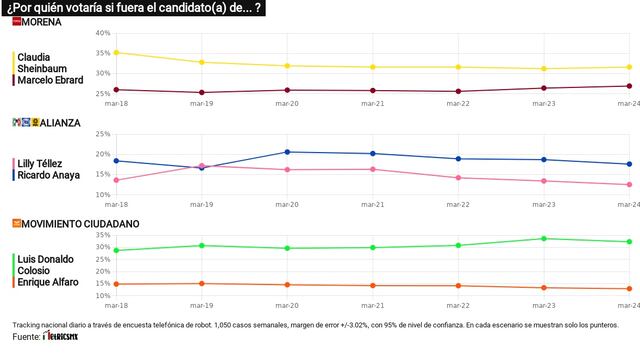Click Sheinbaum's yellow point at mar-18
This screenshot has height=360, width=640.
pos(116,52)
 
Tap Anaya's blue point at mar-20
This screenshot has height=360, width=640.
pos(287,152)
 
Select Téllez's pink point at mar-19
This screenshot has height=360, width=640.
pos(202,165)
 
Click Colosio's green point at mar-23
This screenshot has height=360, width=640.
pos(543,238)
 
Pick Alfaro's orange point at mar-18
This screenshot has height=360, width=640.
pos(116,284)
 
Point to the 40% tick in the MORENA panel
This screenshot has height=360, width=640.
pos(102,33)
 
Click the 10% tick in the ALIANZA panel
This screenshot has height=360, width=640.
pos(102,195)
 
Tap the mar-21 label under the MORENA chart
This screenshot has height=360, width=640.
pos(372,102)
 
